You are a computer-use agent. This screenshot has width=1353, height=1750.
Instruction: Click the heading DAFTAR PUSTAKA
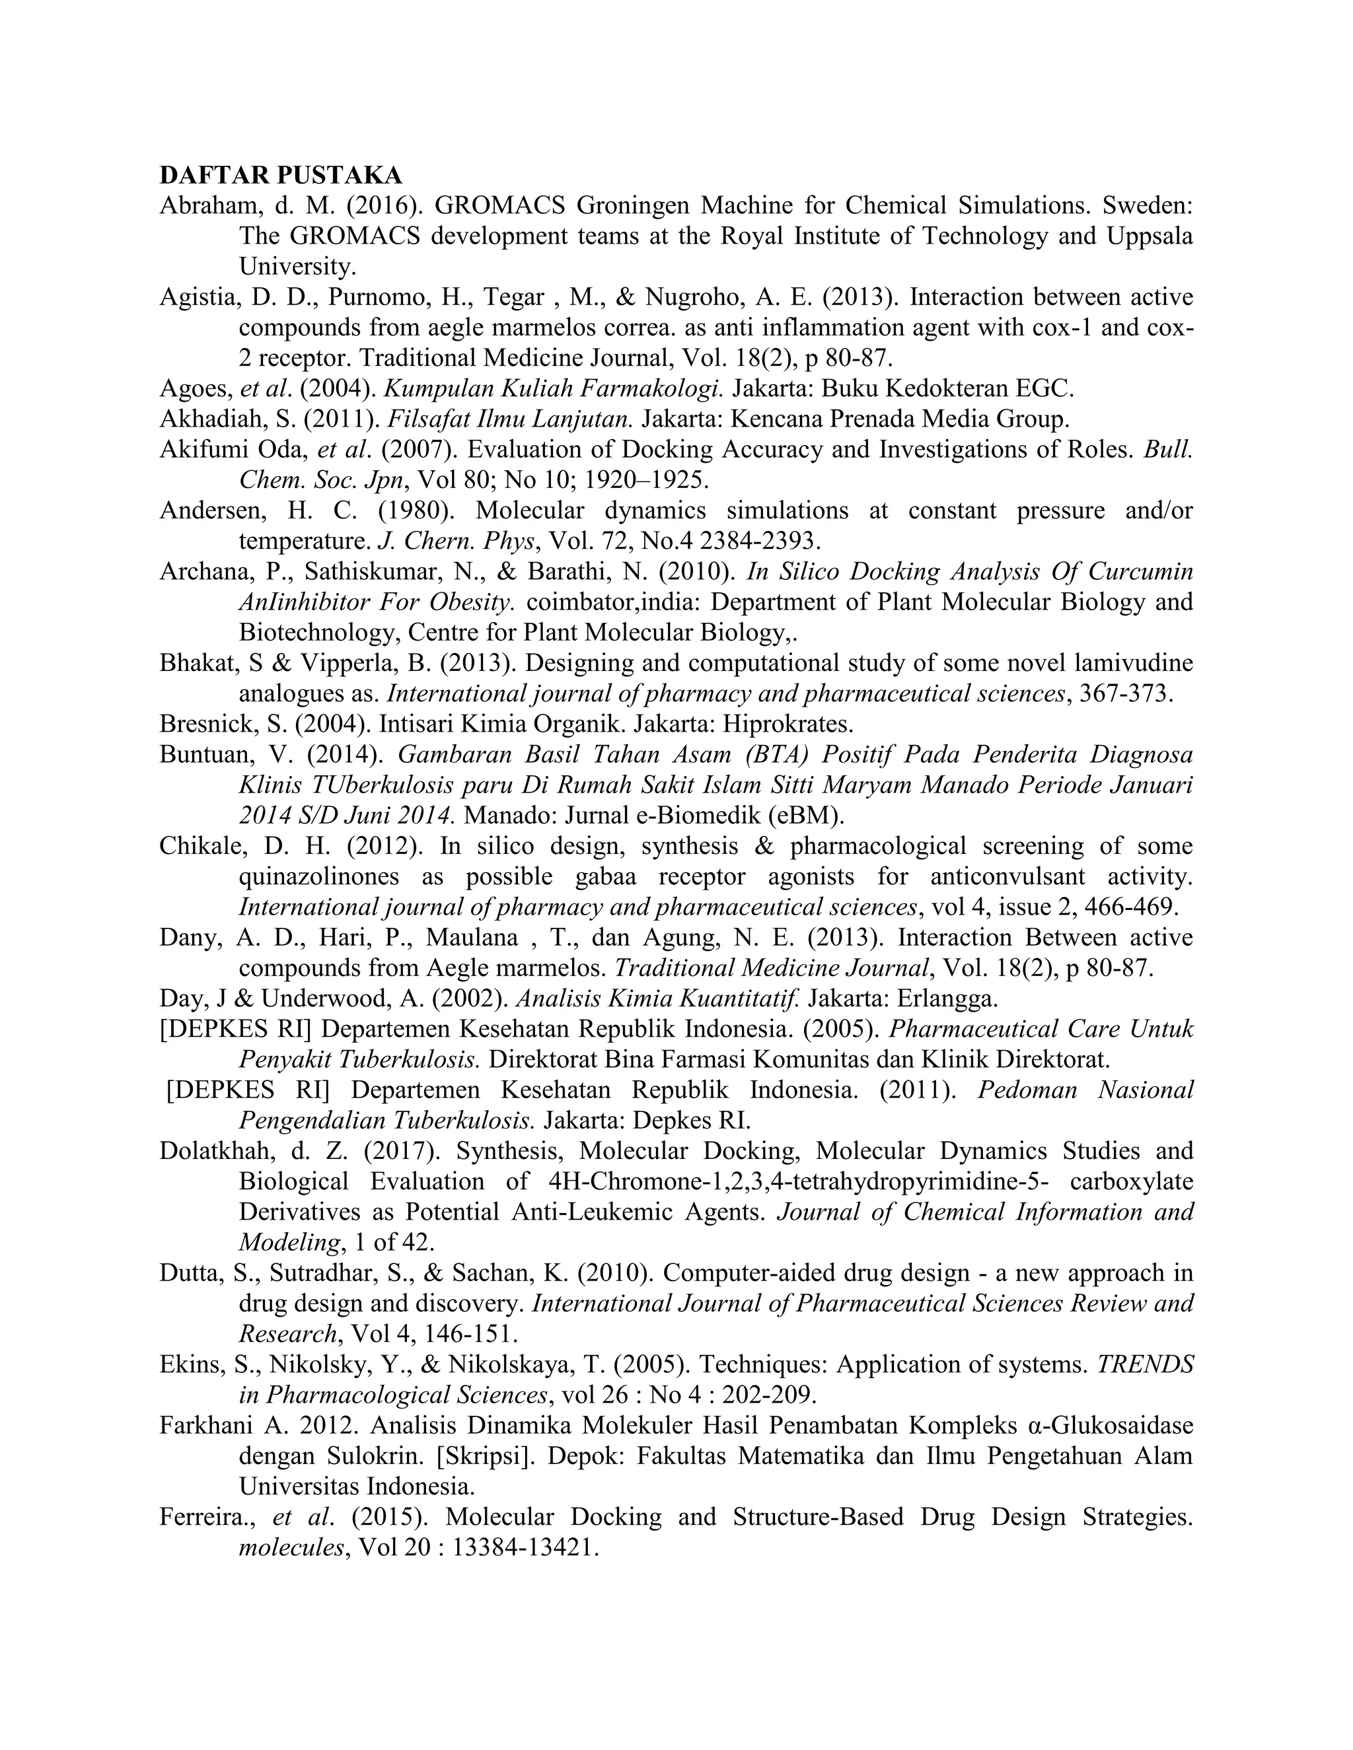(281, 176)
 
